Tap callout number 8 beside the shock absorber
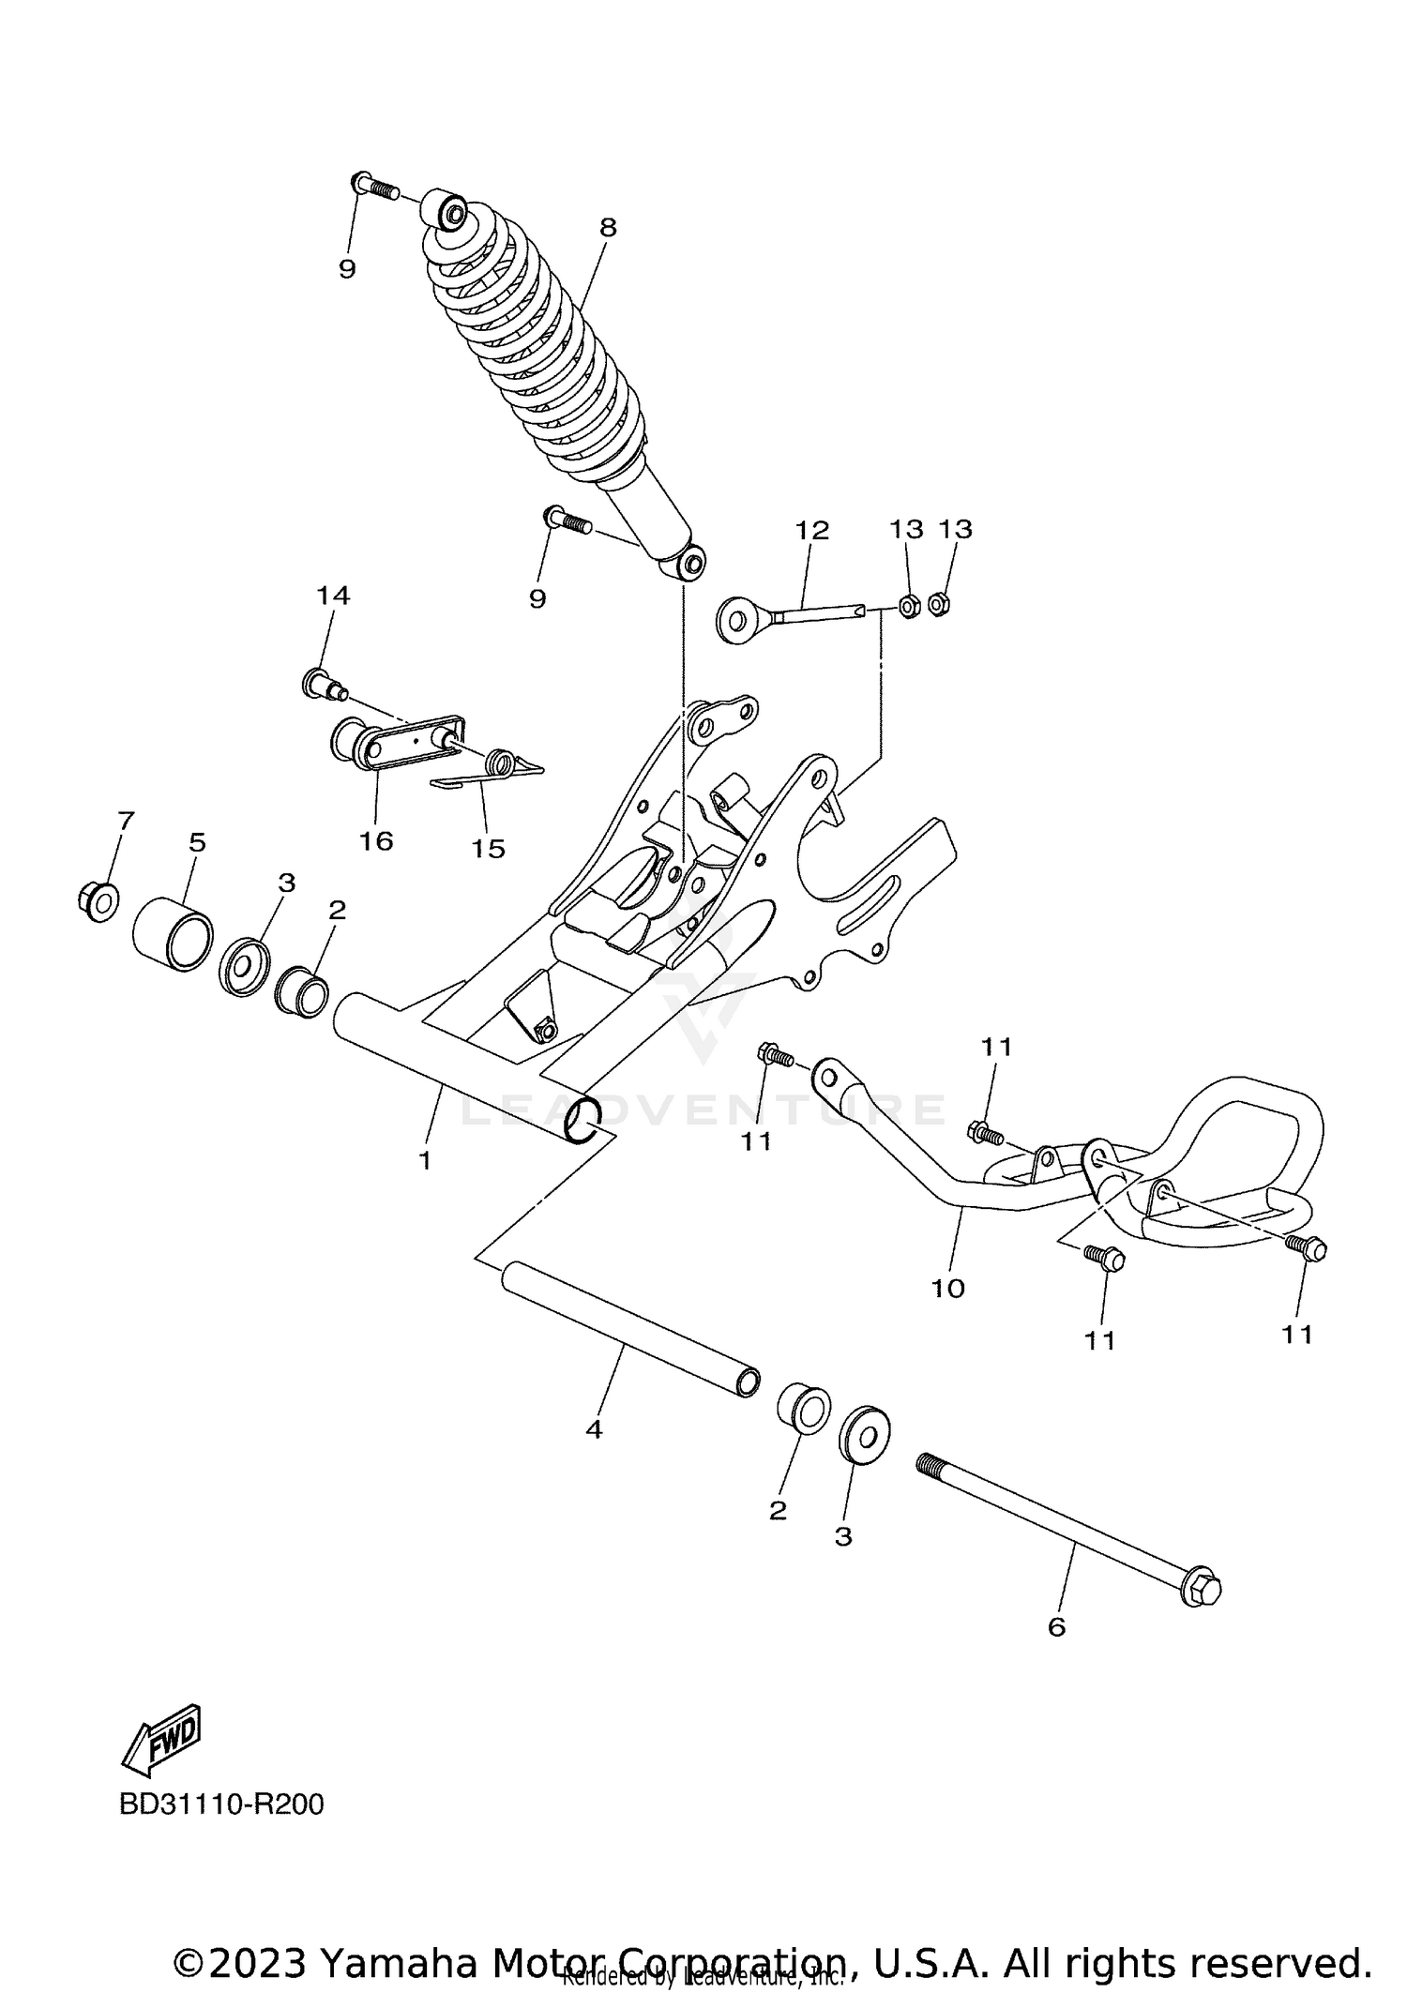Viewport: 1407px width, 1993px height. point(608,227)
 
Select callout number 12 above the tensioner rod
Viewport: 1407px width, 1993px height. point(812,530)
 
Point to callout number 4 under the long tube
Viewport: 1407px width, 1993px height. point(594,1429)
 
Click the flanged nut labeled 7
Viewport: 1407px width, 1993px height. point(97,900)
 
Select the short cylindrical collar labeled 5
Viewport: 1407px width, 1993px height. point(173,933)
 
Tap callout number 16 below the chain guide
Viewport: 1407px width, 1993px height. point(376,841)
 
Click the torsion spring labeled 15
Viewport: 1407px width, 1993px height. point(504,764)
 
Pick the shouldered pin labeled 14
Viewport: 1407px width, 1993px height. point(321,685)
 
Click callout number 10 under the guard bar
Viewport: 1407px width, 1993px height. point(947,1289)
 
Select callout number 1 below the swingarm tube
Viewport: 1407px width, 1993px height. point(425,1160)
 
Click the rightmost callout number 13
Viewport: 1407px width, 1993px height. point(956,529)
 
